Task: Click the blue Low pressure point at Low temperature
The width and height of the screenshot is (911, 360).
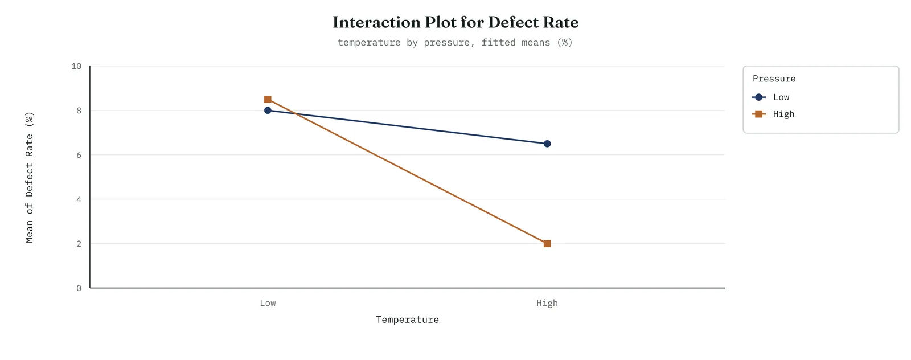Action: click(x=268, y=111)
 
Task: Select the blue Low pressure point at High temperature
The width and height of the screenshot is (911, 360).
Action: click(x=547, y=144)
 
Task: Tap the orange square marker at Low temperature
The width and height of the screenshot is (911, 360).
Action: click(x=268, y=99)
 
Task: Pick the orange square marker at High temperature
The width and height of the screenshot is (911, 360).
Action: click(x=547, y=244)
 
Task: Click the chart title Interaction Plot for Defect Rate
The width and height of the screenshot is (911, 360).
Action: click(x=455, y=22)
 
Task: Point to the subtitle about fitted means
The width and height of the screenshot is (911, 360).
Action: click(x=455, y=42)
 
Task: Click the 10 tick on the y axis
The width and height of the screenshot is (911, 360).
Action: click(x=76, y=66)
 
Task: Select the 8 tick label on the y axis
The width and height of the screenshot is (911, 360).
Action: click(x=79, y=111)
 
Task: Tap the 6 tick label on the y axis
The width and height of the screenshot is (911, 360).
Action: click(x=79, y=155)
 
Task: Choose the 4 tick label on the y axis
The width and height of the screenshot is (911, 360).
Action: click(x=79, y=199)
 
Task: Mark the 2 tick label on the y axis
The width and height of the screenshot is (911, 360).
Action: click(x=79, y=244)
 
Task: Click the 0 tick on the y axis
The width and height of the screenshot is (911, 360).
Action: click(x=79, y=288)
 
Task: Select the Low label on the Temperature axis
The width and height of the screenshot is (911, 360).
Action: click(x=268, y=303)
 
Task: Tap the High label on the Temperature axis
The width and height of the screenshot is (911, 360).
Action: click(x=547, y=303)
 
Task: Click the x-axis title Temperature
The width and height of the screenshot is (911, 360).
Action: click(x=407, y=320)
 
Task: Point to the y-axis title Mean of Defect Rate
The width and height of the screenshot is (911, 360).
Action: click(x=29, y=177)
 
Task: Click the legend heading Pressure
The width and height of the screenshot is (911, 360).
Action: click(x=774, y=79)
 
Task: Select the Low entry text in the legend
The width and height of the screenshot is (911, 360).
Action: click(x=781, y=97)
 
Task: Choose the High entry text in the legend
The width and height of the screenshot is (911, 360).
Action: click(x=783, y=114)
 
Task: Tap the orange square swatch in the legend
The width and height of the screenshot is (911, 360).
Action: click(x=758, y=114)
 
